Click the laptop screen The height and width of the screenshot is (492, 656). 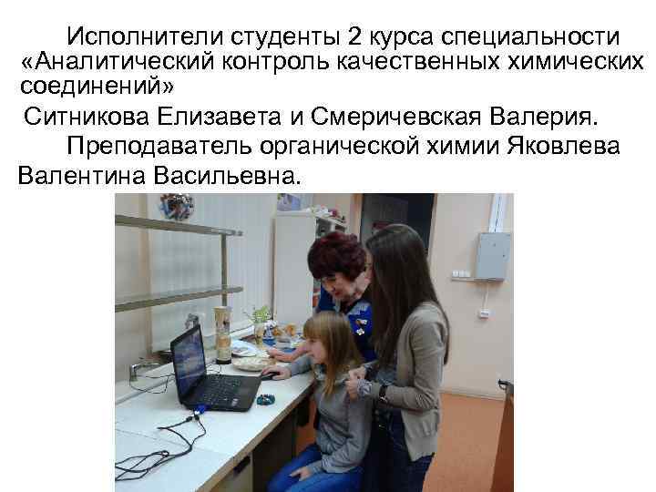click(x=189, y=360)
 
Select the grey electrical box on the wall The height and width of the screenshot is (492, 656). click(x=493, y=256)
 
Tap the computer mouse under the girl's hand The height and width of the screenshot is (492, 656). click(x=270, y=374)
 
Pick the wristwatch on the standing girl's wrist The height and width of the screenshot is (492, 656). click(x=384, y=392)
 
